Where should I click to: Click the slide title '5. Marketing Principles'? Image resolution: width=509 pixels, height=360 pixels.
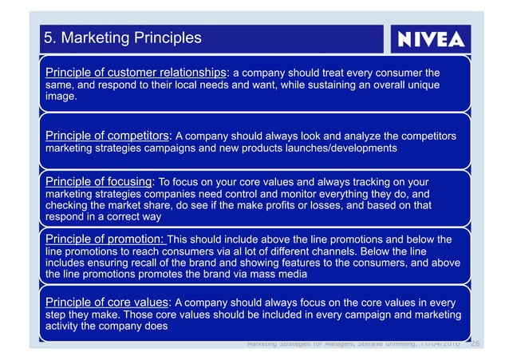point(122,38)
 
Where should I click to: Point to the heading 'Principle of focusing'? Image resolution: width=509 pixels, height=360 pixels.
point(97,181)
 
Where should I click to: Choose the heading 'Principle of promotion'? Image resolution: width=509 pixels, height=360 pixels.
point(105,238)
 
